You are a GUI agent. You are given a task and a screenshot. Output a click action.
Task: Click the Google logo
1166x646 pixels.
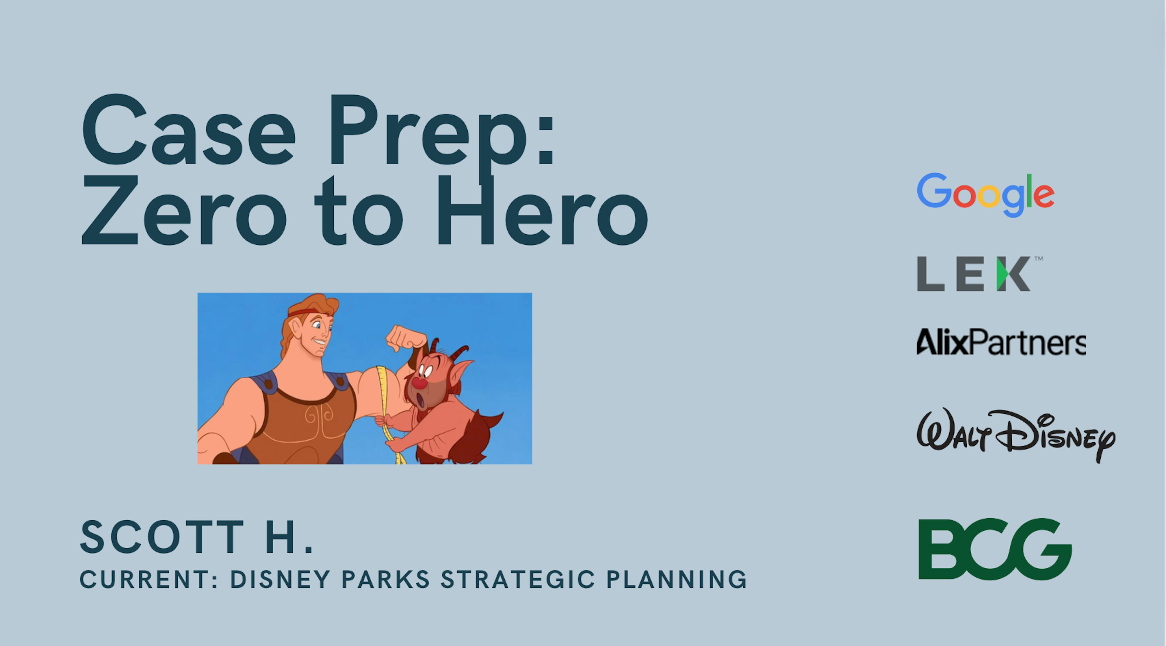(985, 195)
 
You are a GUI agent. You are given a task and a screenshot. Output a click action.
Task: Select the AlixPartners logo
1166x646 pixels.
(1001, 342)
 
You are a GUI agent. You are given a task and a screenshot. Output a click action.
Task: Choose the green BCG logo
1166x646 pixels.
(995, 549)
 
